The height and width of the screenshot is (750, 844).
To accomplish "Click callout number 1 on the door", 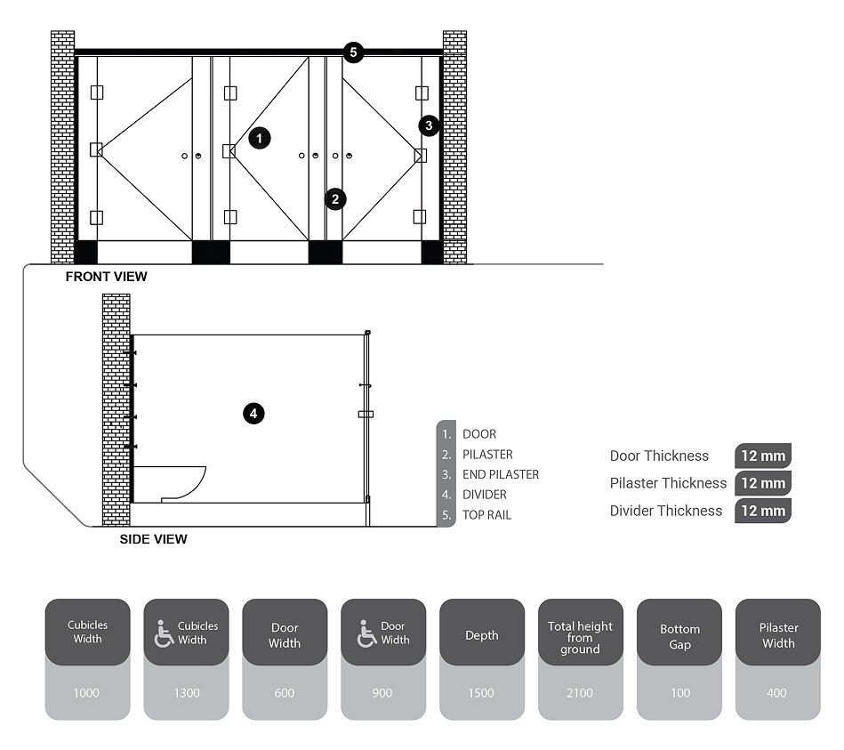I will pos(259,138).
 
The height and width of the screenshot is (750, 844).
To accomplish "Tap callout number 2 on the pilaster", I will pos(334,198).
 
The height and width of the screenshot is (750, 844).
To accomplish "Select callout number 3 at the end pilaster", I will pos(429,125).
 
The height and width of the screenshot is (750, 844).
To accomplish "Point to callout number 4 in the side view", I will pos(253,413).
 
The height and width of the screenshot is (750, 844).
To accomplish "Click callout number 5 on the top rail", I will pos(353,52).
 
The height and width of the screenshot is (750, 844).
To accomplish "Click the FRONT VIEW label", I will pos(106,277).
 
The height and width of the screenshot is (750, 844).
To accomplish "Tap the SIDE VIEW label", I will pos(153,538).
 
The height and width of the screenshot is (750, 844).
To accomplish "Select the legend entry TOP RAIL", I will pos(486,515).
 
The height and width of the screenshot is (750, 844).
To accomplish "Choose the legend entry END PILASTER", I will pos(500,475).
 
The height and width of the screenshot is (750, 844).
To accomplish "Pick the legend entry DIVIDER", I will pos(484,495).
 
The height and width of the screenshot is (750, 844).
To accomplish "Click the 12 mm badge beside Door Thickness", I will pos(762,456).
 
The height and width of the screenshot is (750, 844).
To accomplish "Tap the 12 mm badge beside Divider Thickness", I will pos(762,511).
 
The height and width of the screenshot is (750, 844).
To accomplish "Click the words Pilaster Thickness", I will pos(668,483).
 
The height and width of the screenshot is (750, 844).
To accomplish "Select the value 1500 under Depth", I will pos(481,693).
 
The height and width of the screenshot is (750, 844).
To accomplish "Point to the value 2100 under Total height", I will pos(580,693).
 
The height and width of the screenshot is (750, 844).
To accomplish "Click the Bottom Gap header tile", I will pos(679,636).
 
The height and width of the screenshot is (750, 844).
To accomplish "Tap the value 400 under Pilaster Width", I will pos(777,693).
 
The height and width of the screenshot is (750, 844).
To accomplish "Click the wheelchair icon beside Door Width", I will pos(366,634).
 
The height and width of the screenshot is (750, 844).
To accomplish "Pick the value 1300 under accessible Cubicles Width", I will pos(187,693).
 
